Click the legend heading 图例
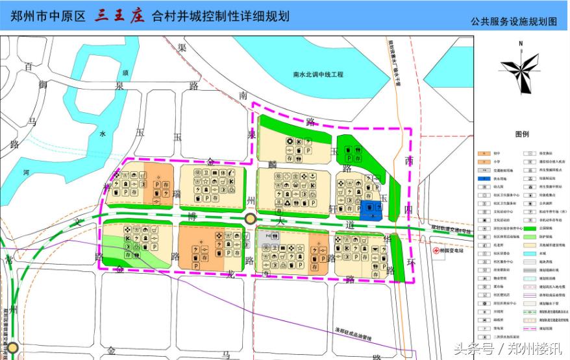522,134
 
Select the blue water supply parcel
371,209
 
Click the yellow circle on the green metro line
251,220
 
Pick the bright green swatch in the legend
528,228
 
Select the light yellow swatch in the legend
528,245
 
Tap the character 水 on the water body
102,134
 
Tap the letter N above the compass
521,44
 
